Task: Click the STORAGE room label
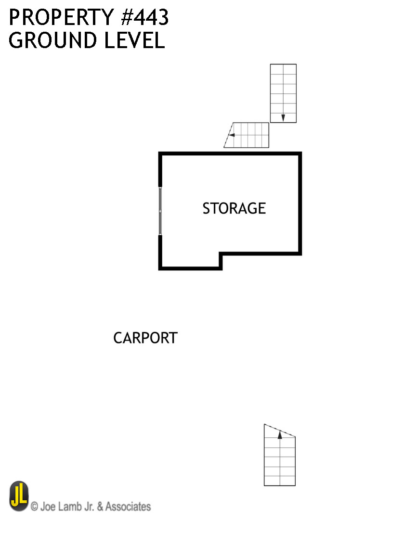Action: coord(234,208)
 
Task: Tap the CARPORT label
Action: coord(145,338)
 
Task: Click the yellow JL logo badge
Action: coord(19,496)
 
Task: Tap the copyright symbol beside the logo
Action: coord(35,507)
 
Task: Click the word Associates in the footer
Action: coord(128,507)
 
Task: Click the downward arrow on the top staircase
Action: coord(283,117)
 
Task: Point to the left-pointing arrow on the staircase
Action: coord(231,135)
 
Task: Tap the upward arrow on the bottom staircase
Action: coord(280,435)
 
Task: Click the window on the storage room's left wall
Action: coord(160,211)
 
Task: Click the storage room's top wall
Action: coord(230,154)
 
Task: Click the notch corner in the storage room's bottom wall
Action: coord(221,254)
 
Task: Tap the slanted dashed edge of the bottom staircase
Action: coord(279,431)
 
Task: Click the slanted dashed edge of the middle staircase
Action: coord(228,135)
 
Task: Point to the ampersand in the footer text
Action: coord(101,507)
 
